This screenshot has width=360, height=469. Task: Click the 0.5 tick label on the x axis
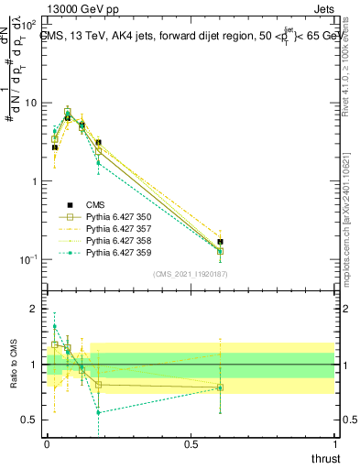pos(191,443)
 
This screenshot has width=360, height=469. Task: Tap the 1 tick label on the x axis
pos(336,443)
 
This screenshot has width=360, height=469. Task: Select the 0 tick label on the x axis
pos(47,443)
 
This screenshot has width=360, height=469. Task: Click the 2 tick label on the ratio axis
pos(35,309)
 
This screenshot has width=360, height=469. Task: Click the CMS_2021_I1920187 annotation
pos(191,274)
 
